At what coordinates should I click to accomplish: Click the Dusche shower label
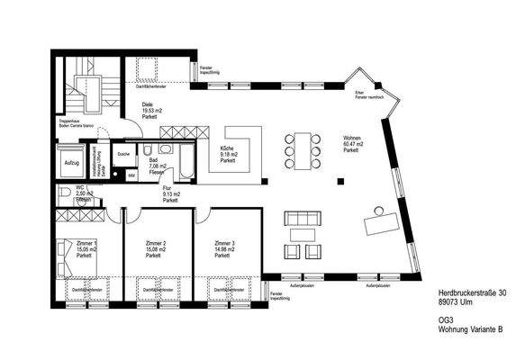tap(125, 153)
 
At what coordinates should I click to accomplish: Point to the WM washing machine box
tap(132, 175)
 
